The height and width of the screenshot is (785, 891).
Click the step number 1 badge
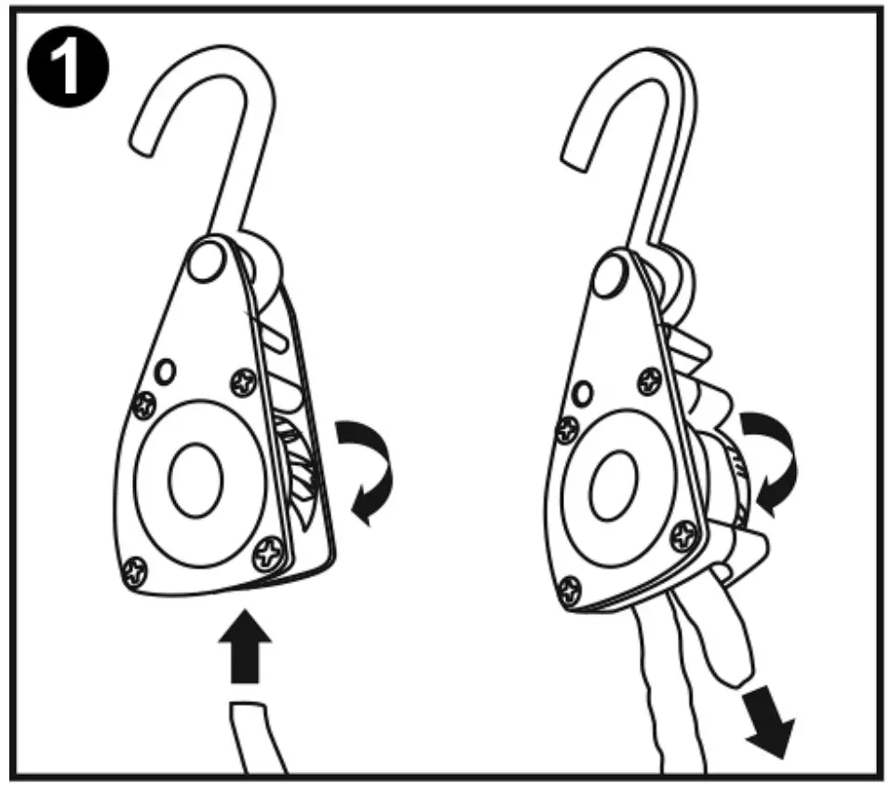click(66, 67)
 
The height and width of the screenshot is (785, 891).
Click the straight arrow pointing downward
click(771, 729)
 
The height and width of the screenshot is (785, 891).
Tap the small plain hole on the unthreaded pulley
click(165, 372)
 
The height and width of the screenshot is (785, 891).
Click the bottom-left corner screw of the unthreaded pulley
click(137, 569)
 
